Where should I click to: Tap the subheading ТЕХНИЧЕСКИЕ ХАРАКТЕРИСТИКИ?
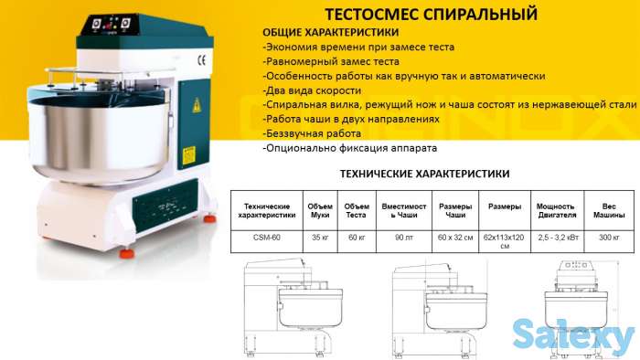pyautogui.click(x=424, y=174)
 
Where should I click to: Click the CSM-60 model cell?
pyautogui.click(x=267, y=238)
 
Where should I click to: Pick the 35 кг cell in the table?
pyautogui.click(x=320, y=238)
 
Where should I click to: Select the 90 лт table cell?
pyautogui.click(x=404, y=238)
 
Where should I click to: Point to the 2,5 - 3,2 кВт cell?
pyautogui.click(x=556, y=238)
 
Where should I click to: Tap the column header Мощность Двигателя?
pyautogui.click(x=556, y=211)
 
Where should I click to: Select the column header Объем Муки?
pyautogui.click(x=320, y=211)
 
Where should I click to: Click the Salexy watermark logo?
pyautogui.click(x=572, y=336)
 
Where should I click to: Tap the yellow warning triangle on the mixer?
pyautogui.click(x=193, y=103)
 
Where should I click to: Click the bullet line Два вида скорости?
pyautogui.click(x=311, y=90)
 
